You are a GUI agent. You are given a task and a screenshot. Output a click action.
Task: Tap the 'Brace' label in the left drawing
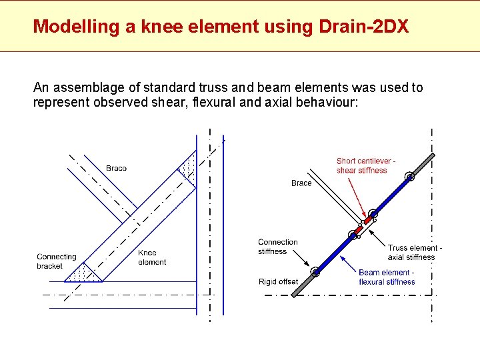click(116, 168)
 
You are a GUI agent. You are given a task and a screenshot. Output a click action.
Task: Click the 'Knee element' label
click(152, 257)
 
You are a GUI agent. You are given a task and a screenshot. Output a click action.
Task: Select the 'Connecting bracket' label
click(57, 261)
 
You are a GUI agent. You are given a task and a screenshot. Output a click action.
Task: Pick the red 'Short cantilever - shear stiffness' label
click(366, 166)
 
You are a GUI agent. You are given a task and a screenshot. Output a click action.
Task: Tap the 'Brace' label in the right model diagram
click(301, 183)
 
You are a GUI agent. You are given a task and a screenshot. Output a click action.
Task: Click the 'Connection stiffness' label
click(277, 247)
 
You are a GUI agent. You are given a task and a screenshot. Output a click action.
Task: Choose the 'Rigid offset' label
click(278, 282)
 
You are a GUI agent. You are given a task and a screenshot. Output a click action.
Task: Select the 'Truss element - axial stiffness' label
click(414, 253)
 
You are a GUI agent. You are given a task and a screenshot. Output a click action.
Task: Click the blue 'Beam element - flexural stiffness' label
click(387, 277)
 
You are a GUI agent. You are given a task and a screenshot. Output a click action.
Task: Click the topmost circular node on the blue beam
click(409, 177)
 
